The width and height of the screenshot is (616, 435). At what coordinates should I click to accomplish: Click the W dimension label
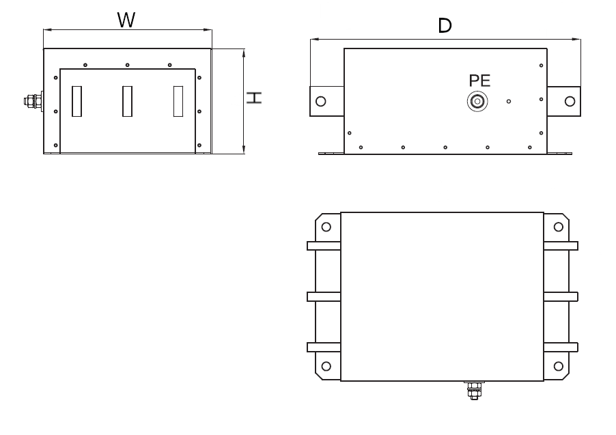pyautogui.click(x=126, y=20)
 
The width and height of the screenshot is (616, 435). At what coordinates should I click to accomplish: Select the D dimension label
pyautogui.click(x=445, y=26)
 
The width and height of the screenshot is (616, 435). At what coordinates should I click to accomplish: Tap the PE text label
pyautogui.click(x=479, y=81)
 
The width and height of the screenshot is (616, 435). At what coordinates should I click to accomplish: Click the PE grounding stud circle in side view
pyautogui.click(x=477, y=102)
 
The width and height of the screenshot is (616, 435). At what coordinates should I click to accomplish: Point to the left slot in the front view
pyautogui.click(x=76, y=101)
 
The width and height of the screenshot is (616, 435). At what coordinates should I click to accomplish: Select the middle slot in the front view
pyautogui.click(x=127, y=101)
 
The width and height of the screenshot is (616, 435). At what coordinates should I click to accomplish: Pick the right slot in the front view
pyautogui.click(x=178, y=101)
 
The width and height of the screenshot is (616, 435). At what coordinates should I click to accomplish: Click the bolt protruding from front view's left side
pyautogui.click(x=31, y=102)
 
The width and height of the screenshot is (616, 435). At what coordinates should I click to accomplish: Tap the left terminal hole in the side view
pyautogui.click(x=320, y=102)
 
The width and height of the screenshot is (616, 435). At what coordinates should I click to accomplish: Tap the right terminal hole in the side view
pyautogui.click(x=570, y=102)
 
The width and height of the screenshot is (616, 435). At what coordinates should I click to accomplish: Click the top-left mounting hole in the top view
pyautogui.click(x=326, y=227)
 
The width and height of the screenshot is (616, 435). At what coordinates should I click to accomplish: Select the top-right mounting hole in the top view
pyautogui.click(x=559, y=227)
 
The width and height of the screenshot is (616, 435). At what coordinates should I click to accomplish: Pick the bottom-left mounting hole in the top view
pyautogui.click(x=326, y=366)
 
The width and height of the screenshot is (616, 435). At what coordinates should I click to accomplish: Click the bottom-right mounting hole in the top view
pyautogui.click(x=559, y=366)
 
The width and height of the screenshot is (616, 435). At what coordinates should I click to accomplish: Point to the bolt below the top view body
pyautogui.click(x=473, y=391)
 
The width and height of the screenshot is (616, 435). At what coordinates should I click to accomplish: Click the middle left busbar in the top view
pyautogui.click(x=324, y=296)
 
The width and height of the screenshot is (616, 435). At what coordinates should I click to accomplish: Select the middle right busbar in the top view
pyautogui.click(x=561, y=296)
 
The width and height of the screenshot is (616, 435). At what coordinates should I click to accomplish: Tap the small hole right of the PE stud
pyautogui.click(x=509, y=102)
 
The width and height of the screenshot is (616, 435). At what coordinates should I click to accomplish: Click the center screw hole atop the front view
pyautogui.click(x=128, y=66)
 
